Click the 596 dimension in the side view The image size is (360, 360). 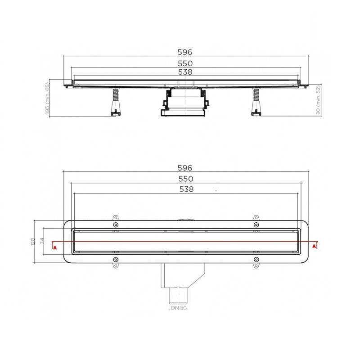185,52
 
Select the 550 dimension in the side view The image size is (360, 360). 185,63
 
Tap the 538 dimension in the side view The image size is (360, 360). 185,72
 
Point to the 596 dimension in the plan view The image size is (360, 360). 185,168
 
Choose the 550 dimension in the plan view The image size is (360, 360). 186,179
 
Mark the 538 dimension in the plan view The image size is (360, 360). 186,189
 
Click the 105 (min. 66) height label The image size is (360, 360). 47,98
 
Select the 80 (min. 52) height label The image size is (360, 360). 318,100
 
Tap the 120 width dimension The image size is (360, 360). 32,242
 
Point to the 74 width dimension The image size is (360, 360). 42,241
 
